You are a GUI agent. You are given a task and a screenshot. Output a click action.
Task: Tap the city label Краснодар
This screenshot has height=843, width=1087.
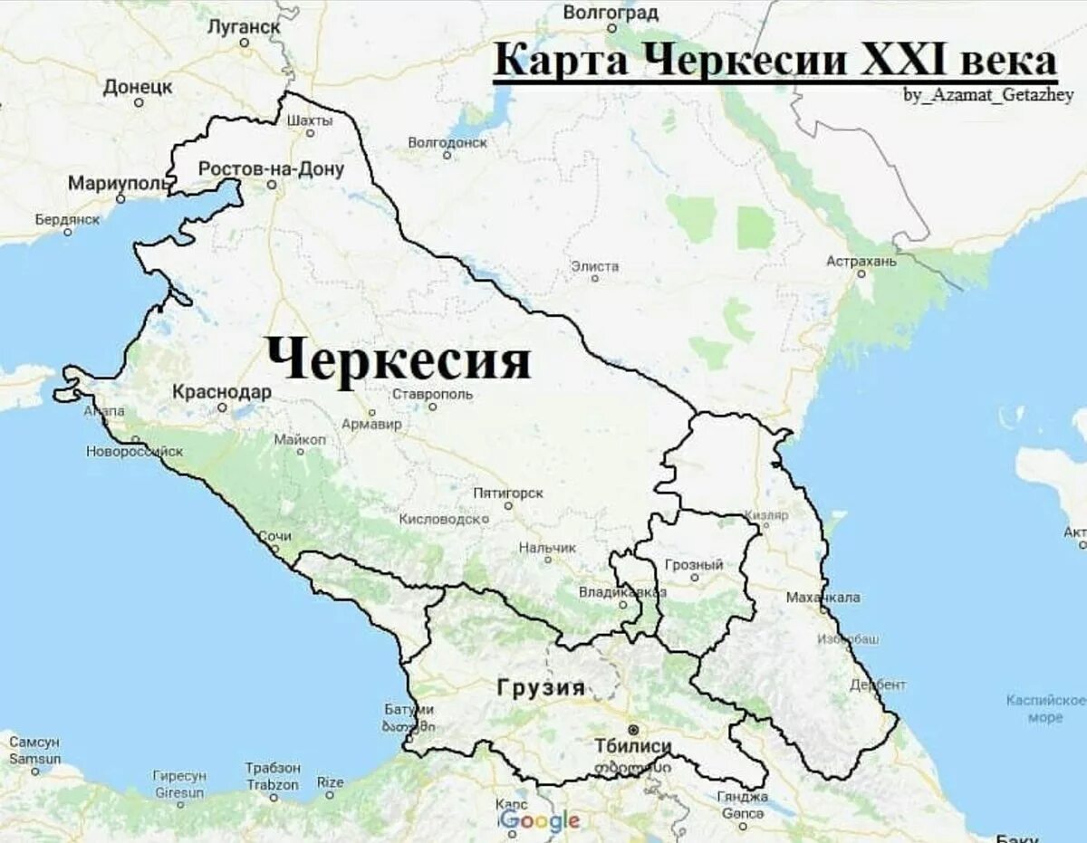tap(222, 392)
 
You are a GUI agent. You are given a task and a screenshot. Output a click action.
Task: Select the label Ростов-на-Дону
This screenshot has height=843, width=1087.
tap(271, 168)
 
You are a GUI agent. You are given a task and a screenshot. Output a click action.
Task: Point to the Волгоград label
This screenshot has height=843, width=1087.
tap(611, 13)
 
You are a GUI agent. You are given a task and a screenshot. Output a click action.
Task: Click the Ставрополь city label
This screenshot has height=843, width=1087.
tap(432, 394)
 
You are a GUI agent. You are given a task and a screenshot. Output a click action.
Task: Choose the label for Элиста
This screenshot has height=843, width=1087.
tap(595, 266)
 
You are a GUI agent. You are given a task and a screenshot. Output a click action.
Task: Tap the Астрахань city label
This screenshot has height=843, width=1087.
tap(861, 261)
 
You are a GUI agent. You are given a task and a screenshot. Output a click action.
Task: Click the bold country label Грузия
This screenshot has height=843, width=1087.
tap(541, 687)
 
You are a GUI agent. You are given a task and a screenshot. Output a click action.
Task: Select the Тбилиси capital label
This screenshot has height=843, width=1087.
tap(633, 746)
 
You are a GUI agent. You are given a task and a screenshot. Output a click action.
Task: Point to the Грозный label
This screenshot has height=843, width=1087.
tap(694, 565)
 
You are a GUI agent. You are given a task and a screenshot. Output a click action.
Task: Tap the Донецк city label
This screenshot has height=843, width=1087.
tap(138, 87)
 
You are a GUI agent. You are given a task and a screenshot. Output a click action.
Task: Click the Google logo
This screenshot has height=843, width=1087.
tap(540, 821)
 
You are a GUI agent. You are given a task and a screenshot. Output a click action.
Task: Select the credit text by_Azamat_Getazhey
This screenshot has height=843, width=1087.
tap(988, 95)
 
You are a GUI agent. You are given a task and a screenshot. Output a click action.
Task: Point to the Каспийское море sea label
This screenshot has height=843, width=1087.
tap(1045, 708)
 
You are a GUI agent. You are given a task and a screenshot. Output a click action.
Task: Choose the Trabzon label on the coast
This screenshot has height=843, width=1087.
tap(273, 785)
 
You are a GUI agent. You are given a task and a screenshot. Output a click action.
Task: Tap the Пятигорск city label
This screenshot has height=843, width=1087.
tap(508, 493)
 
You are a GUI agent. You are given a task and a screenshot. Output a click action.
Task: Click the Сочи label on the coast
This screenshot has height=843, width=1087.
tap(274, 536)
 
